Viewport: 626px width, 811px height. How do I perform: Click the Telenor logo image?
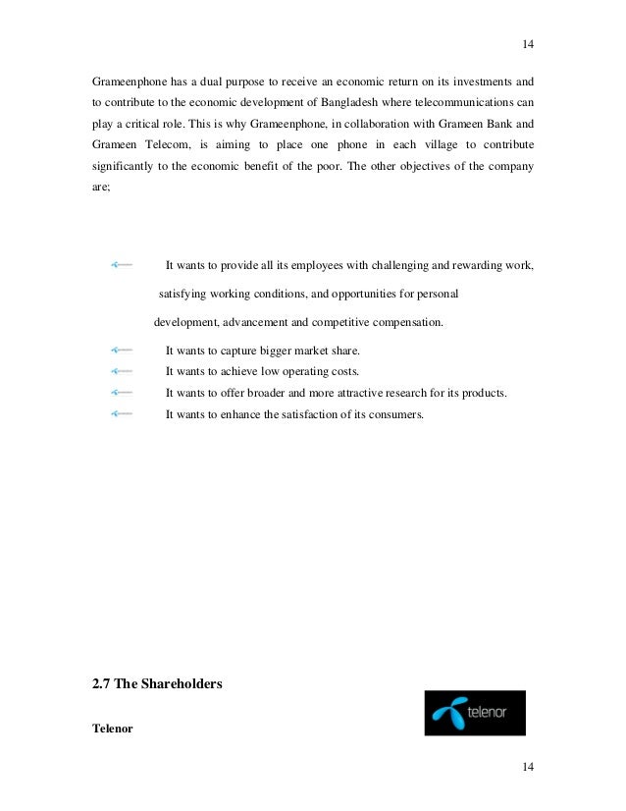474,713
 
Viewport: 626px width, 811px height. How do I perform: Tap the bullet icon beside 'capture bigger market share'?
123,351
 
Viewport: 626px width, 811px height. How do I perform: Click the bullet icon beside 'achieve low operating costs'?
123,372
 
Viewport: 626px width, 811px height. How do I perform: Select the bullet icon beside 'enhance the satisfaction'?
123,414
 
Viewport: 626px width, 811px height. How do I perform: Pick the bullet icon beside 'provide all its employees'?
123,265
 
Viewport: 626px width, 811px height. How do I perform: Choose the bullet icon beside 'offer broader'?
123,394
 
